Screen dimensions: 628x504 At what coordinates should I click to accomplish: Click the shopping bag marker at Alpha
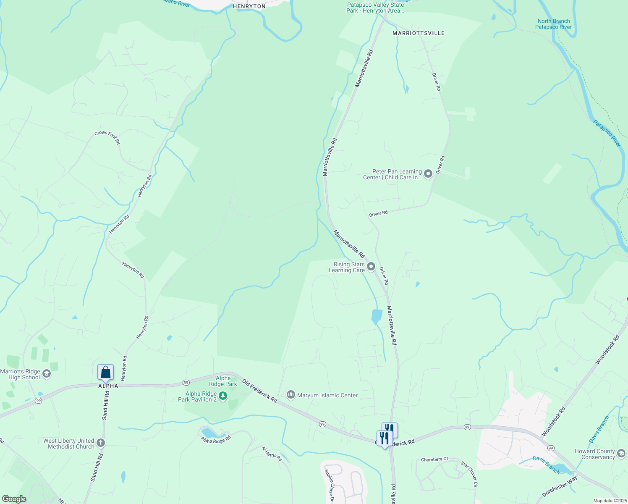coord(105,372)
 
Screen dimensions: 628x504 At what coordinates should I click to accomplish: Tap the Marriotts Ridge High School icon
coord(47,374)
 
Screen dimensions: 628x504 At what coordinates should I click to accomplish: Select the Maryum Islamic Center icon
coord(290,395)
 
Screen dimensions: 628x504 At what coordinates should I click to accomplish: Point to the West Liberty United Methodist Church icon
coord(100,443)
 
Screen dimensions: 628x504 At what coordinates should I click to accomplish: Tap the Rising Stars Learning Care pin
coord(371,267)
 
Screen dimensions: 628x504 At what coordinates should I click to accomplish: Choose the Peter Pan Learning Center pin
coord(428,174)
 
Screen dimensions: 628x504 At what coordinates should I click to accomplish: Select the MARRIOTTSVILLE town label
coord(418,33)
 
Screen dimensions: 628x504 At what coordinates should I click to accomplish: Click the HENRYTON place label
coord(249,6)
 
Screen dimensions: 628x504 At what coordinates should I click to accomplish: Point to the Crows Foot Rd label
coord(107,137)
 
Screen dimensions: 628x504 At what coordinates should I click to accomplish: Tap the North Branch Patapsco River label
coord(553,24)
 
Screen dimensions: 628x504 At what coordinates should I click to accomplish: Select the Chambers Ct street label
coord(434,459)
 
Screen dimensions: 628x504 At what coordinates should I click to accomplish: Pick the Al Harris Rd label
coord(272,454)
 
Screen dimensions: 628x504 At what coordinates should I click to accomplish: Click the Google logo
coord(14,499)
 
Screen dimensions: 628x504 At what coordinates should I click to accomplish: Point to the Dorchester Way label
coord(560,486)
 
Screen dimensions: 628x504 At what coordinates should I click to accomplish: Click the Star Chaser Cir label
coord(469,474)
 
